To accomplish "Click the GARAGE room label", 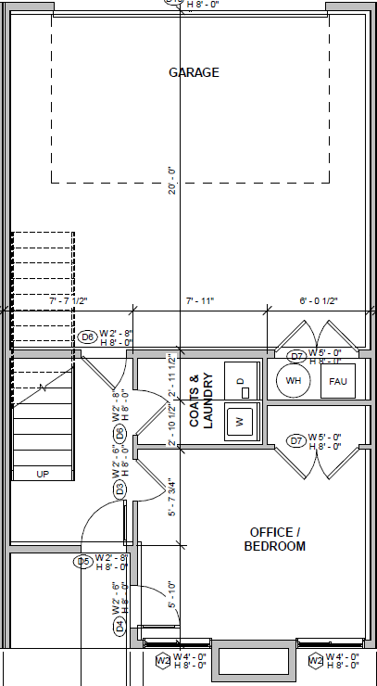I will pos(194,72).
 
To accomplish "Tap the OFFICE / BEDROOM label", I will pos(274,539).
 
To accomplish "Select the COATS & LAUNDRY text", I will pos(201,400).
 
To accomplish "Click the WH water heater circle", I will pos(294,381).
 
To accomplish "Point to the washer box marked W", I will pos(240,421).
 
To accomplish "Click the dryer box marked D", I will pos(240,380).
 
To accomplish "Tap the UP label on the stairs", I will pos(42,474).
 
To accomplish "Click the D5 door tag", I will pos(83,561).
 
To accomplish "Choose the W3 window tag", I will pos(162,661).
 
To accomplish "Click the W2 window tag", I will pos(316,661).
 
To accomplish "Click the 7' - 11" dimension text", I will pos(199,300).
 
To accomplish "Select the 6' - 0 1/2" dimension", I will pos(319,300).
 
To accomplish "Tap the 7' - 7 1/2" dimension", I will pos(69,300).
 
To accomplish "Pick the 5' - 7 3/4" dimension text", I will pos(171,496).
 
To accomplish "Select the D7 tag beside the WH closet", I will pos(296,356).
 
